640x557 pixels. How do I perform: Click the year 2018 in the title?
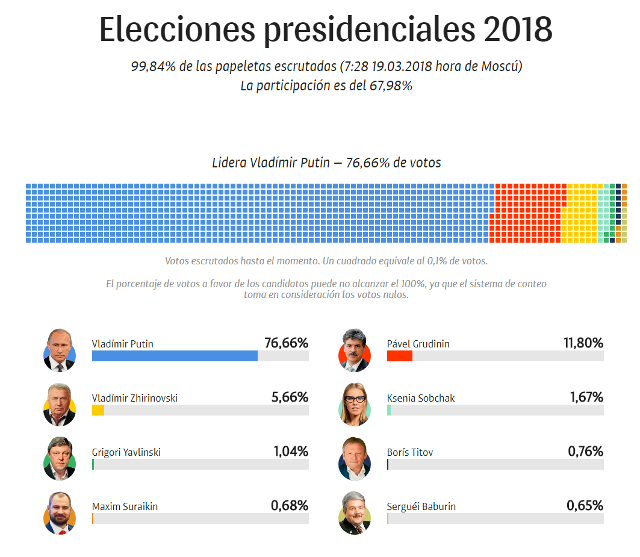[517, 29]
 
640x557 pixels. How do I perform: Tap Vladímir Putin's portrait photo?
[60, 349]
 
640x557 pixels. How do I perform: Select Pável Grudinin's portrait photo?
[356, 349]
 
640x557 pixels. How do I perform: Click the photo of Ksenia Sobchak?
[356, 403]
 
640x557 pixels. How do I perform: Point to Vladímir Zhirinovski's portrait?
[60, 403]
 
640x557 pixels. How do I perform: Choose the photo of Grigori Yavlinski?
[60, 457]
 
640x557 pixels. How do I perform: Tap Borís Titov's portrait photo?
[356, 457]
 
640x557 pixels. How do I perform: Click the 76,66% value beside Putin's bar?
[286, 343]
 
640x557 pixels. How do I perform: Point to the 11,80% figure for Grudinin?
[583, 343]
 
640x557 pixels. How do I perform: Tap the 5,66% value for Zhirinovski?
[289, 397]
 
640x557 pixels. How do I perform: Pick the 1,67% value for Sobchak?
[586, 397]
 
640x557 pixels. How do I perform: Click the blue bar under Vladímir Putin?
[174, 356]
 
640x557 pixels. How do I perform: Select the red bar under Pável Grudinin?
[399, 356]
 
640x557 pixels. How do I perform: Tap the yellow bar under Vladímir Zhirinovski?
[98, 410]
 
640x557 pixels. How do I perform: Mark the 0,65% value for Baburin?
[585, 505]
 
